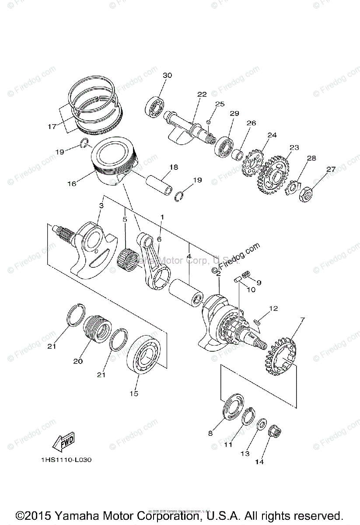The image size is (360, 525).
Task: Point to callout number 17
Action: point(52,127)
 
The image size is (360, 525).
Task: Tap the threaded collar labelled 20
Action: point(98,332)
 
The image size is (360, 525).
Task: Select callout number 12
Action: point(273,308)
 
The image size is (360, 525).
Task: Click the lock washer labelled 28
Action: point(292,186)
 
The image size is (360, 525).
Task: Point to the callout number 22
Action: point(202,94)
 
